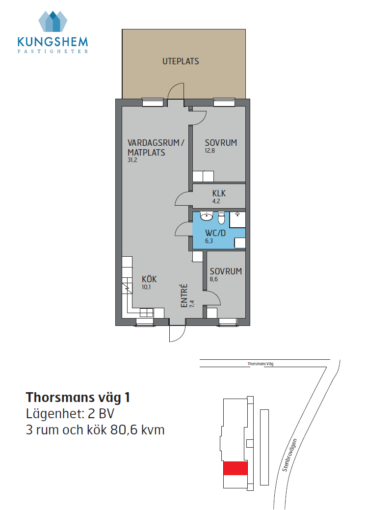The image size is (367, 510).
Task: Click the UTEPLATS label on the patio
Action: [181, 61]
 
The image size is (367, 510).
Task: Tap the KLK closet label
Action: [219, 193]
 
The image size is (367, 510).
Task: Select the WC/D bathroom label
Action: [215, 233]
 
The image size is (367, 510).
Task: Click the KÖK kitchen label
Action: [149, 279]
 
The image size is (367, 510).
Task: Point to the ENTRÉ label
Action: [184, 295]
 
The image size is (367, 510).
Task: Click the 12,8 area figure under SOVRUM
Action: [210, 151]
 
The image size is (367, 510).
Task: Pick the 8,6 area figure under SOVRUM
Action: [213, 279]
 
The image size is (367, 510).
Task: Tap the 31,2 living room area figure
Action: [132, 160]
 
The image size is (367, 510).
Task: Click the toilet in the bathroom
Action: [221, 218]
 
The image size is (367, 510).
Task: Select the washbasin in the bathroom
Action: [207, 216]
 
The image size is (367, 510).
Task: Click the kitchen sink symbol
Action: [146, 313]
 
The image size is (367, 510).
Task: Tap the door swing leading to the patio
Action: [176, 91]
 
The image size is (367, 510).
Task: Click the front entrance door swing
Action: [178, 333]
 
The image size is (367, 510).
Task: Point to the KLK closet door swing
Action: [183, 198]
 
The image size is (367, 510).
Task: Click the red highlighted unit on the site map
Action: [236, 468]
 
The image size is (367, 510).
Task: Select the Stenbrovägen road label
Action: [290, 455]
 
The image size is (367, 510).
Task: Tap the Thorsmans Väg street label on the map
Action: [261, 364]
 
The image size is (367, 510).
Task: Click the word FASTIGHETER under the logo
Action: [52, 51]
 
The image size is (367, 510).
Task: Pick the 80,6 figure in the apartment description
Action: [122, 430]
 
